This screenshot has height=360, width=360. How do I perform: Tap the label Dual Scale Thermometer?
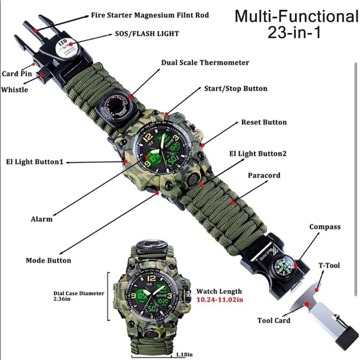[205, 63]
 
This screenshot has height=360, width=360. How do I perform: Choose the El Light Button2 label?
[259, 153]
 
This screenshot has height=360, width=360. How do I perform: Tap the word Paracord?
[264, 176]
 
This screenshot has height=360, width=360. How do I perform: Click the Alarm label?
[42, 219]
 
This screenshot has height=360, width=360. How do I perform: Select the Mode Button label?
[48, 260]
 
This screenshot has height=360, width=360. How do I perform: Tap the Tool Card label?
[274, 321]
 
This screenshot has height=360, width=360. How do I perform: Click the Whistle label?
[14, 89]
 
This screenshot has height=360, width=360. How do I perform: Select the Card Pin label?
[17, 73]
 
